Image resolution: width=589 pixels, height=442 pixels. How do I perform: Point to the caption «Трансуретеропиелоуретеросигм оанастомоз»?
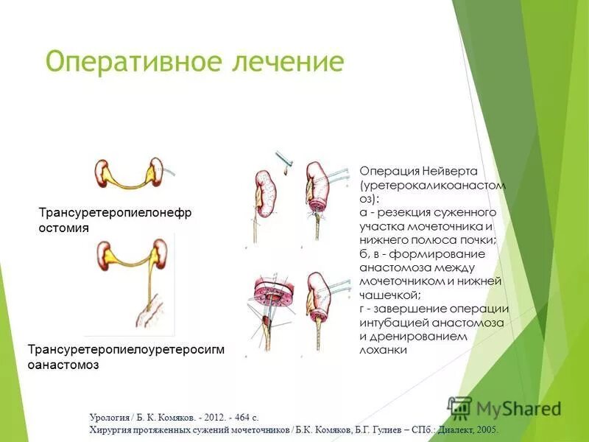click(124, 357)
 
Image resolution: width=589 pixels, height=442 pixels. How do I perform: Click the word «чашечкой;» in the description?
click(386, 295)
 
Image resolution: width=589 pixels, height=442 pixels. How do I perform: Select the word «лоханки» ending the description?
click(384, 350)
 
